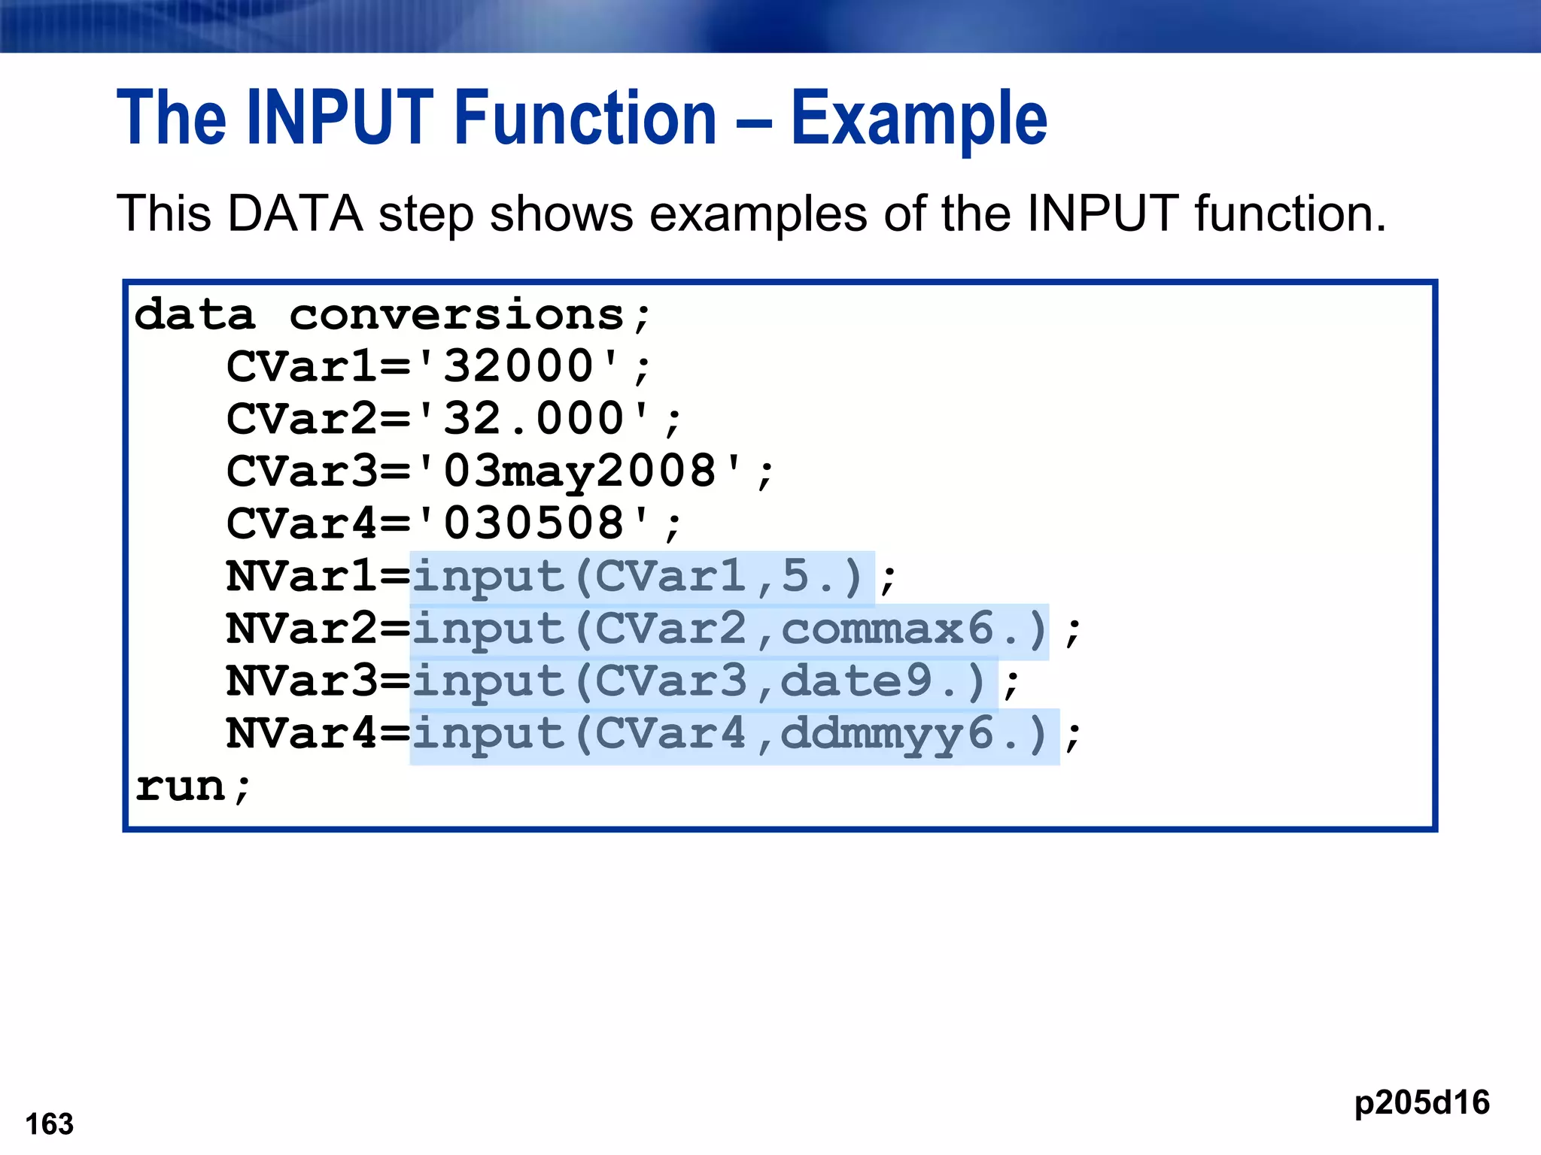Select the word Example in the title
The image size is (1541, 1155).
(x=919, y=118)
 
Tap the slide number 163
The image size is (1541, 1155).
(x=50, y=1124)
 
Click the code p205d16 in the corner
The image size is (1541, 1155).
(x=1421, y=1102)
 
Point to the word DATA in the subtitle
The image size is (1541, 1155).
(x=295, y=214)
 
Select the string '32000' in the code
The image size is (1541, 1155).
(x=518, y=367)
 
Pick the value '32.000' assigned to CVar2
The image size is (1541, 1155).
(x=533, y=419)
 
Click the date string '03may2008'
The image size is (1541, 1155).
(x=579, y=471)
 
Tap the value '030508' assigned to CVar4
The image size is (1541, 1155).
(x=533, y=523)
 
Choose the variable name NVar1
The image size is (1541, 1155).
(x=301, y=577)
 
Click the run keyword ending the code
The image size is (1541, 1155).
(x=181, y=787)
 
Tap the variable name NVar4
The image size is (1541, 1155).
(x=301, y=734)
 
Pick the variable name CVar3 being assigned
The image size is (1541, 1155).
(x=301, y=471)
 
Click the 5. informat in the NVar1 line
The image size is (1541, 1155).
(x=807, y=577)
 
